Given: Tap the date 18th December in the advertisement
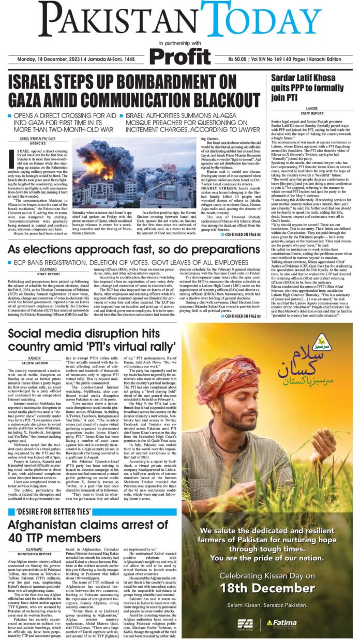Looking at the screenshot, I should click(268, 588).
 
